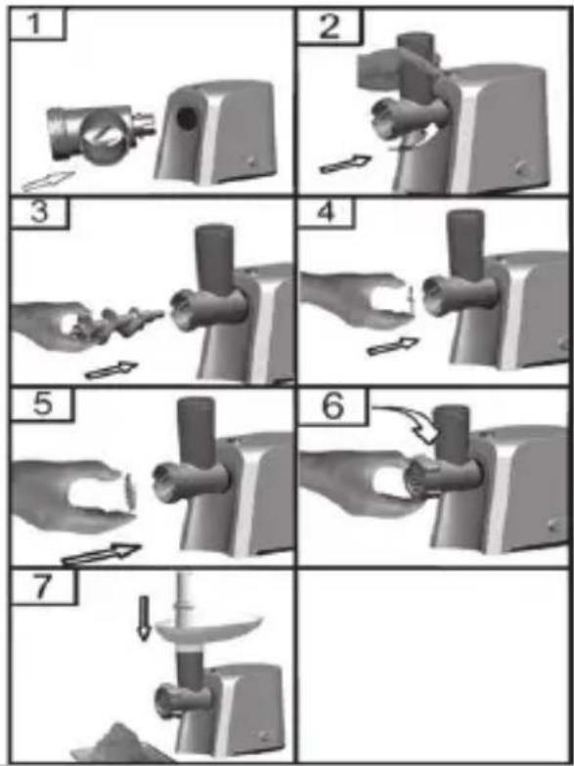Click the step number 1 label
(33, 24)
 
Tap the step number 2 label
(329, 26)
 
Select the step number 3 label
(39, 213)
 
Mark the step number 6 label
(333, 406)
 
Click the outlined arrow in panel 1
(48, 182)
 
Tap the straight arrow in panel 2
(345, 164)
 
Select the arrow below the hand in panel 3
(111, 369)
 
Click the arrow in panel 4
(393, 346)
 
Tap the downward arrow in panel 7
(143, 617)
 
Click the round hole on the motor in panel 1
(188, 117)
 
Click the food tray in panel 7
(208, 630)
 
